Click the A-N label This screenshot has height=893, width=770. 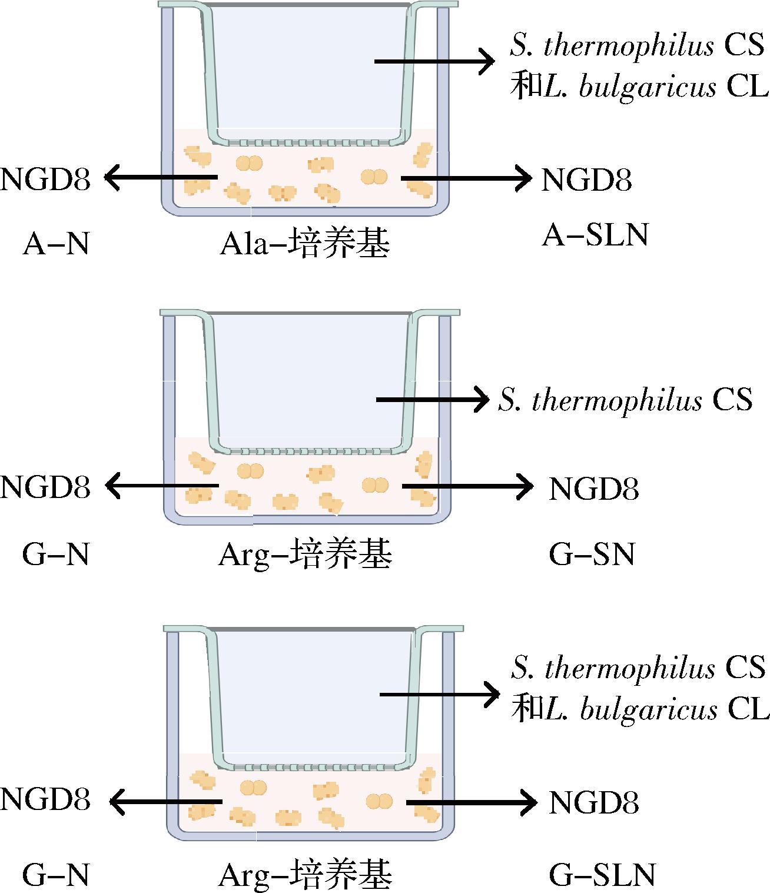(x=56, y=244)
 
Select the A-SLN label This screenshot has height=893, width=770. (x=595, y=236)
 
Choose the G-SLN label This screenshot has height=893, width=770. (x=602, y=875)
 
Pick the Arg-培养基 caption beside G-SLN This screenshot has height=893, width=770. (x=304, y=875)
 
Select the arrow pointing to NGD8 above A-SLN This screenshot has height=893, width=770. (x=466, y=177)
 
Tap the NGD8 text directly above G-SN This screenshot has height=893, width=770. (x=593, y=489)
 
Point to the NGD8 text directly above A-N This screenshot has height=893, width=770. (x=46, y=180)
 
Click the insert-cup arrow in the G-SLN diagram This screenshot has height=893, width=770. (x=439, y=695)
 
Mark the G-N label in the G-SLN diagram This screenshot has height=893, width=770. (x=56, y=875)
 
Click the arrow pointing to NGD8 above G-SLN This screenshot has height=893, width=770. (x=471, y=802)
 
